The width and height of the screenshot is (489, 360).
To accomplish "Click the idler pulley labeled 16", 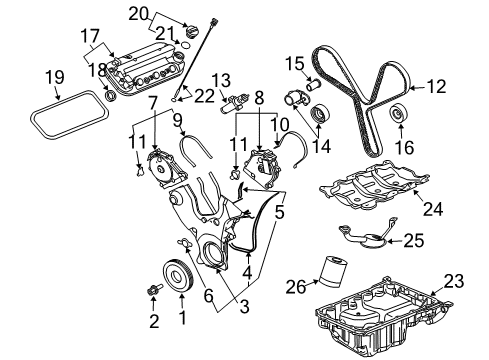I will (x=397, y=114).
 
